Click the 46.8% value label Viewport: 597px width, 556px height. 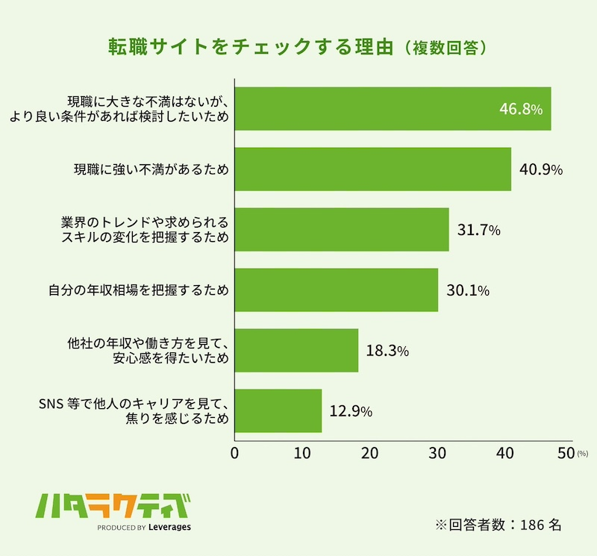pyautogui.click(x=520, y=110)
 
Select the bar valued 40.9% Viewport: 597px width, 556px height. pyautogui.click(x=373, y=169)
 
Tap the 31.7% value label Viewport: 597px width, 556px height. pyautogui.click(x=478, y=230)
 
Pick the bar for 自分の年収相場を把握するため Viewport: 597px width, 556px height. pyautogui.click(x=337, y=290)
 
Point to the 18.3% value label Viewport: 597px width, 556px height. pyautogui.click(x=387, y=350)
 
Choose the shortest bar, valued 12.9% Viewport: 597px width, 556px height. pyautogui.click(x=278, y=410)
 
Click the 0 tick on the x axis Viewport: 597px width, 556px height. pyautogui.click(x=235, y=452)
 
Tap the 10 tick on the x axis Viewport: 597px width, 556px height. pyautogui.click(x=301, y=452)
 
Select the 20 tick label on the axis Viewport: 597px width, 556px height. pyautogui.click(x=369, y=452)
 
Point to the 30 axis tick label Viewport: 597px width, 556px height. pyautogui.click(x=437, y=452)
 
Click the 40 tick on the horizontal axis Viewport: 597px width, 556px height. pyautogui.click(x=504, y=452)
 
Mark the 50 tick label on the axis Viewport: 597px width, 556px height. pyautogui.click(x=565, y=452)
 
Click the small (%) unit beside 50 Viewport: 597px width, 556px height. pyautogui.click(x=583, y=453)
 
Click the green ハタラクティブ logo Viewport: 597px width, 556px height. pyautogui.click(x=112, y=507)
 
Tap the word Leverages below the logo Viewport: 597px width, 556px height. pyautogui.click(x=170, y=527)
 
